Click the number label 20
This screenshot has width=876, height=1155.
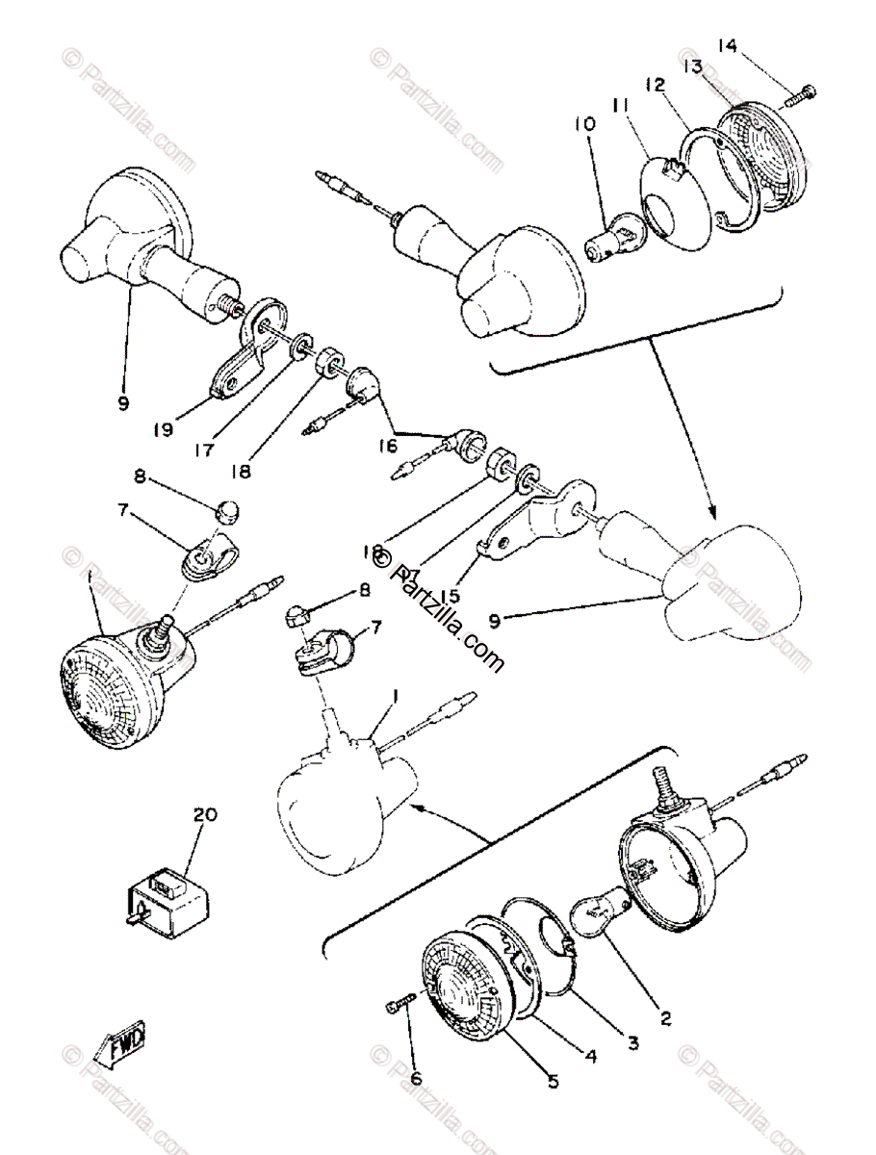[204, 814]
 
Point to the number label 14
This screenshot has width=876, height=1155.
[726, 48]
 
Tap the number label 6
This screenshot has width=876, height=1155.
[416, 1079]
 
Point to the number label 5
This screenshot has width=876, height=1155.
[554, 1080]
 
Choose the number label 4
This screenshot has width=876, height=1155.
[589, 1056]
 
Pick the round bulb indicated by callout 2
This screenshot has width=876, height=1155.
[598, 910]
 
